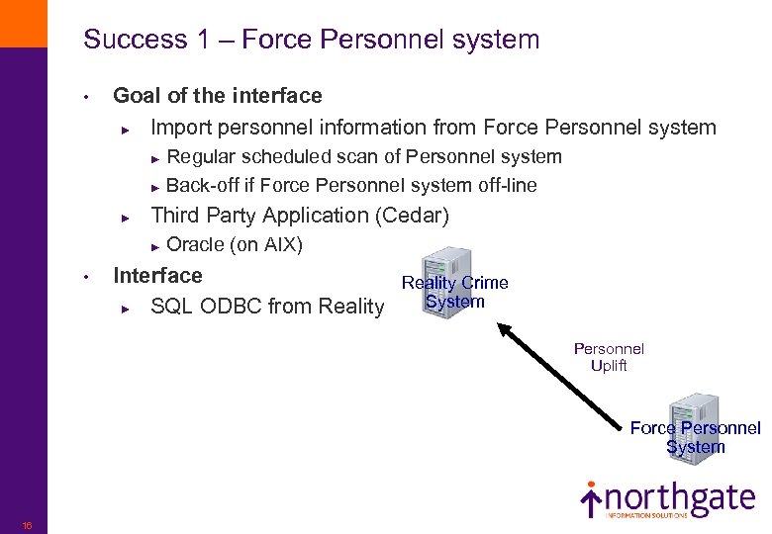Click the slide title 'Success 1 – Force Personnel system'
click(x=312, y=40)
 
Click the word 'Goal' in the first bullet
click(x=137, y=96)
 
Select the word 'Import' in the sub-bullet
click(x=181, y=128)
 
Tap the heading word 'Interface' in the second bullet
click(x=157, y=276)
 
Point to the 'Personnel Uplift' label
click(x=609, y=357)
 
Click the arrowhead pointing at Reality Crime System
click(x=504, y=327)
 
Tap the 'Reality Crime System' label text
click(x=455, y=293)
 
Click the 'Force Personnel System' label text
click(x=695, y=437)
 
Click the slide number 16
click(x=27, y=525)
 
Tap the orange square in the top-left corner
click(x=23, y=23)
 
